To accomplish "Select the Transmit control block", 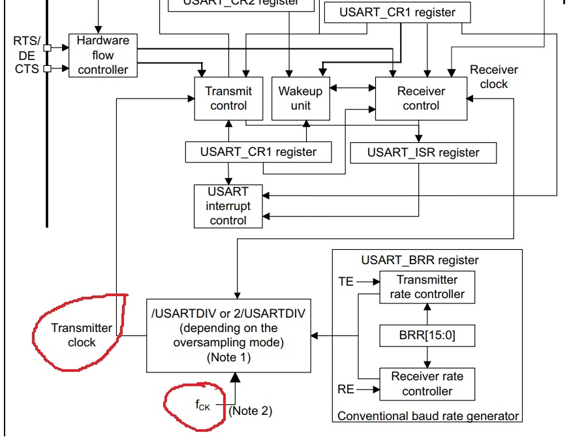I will (x=228, y=98).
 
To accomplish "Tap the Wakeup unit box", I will (x=300, y=98).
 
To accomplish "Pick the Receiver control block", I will (x=421, y=98).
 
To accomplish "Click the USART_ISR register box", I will (x=423, y=153).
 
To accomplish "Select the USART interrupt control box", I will (x=228, y=206).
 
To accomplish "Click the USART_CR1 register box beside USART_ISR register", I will (x=258, y=152).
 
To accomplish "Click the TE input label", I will (x=346, y=282).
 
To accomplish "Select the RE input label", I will (x=346, y=390).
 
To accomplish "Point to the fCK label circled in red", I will (x=203, y=404).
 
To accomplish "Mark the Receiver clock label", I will (x=493, y=76).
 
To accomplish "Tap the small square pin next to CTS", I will (x=47, y=68).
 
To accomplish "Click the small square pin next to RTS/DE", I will (x=47, y=48).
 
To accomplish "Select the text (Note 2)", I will (x=251, y=410).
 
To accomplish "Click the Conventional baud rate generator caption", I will (x=428, y=416).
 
